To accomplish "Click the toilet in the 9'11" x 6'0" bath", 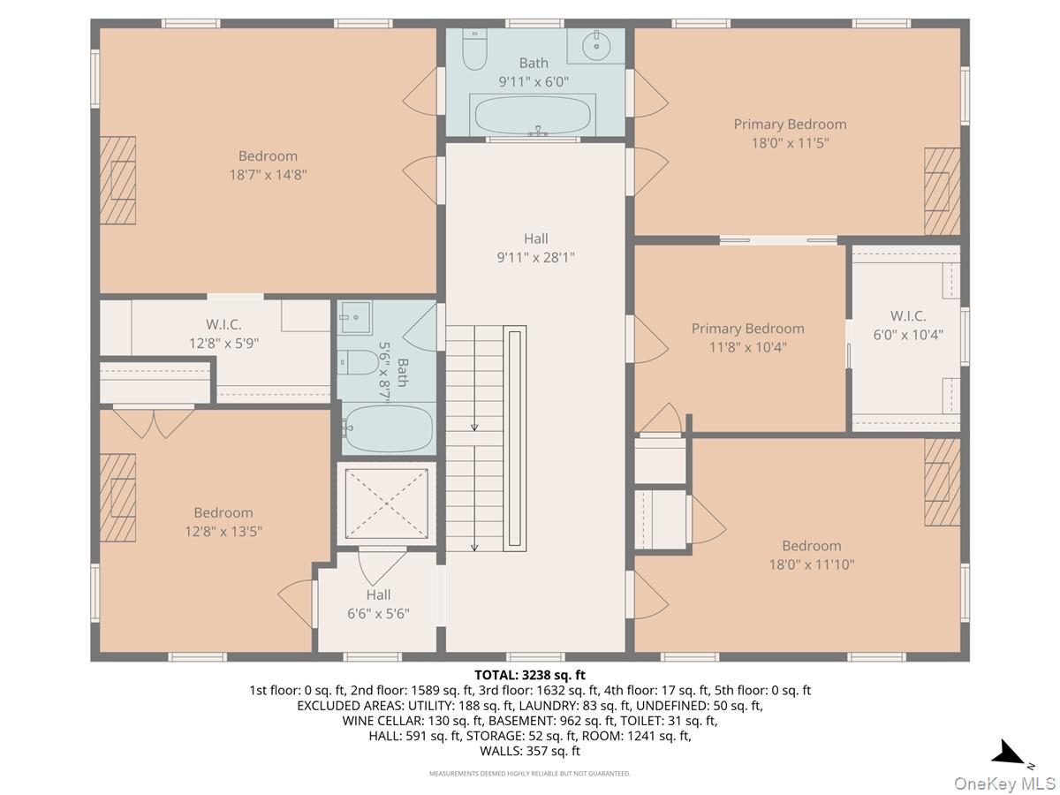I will [x=475, y=50].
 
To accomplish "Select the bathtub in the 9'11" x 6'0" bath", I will [x=535, y=115].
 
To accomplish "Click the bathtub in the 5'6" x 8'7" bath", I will [x=389, y=429].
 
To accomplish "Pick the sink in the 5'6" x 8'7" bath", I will [x=355, y=316].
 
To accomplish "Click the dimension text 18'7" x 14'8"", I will [x=268, y=175].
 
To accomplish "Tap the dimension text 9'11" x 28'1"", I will [x=535, y=258].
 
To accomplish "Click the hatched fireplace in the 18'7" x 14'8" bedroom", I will [x=117, y=180].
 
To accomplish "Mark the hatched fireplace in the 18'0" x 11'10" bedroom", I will [x=943, y=481].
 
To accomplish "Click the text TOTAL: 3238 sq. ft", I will [x=530, y=676].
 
